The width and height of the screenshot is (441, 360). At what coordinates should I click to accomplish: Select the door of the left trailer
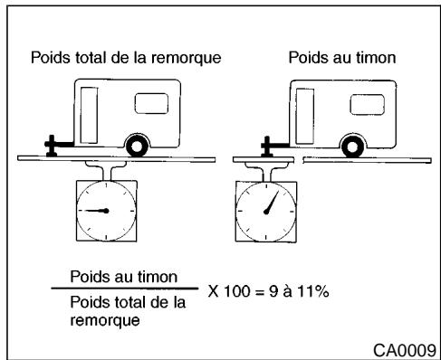[x=91, y=111]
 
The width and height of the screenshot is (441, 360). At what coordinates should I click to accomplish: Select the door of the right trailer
[x=304, y=111]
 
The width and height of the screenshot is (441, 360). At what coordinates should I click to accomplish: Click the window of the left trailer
[x=147, y=102]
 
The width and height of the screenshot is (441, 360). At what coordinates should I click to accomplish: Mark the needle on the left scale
[x=93, y=210]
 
